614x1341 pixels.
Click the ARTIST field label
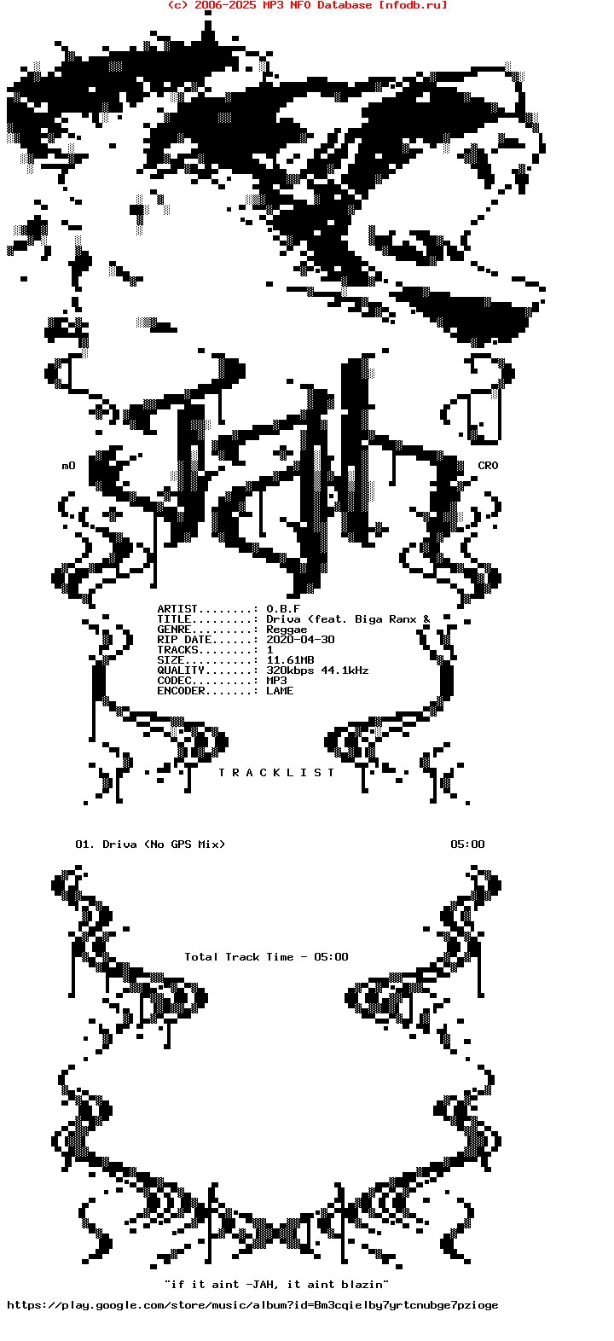pyautogui.click(x=177, y=609)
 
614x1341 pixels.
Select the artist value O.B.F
pyautogui.click(x=283, y=609)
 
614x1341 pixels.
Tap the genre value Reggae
pyautogui.click(x=287, y=630)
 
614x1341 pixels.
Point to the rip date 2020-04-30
pyautogui.click(x=300, y=640)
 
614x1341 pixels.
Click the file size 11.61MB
pyautogui.click(x=290, y=660)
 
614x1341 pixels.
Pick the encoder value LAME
pyautogui.click(x=280, y=691)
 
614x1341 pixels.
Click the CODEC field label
pyautogui.click(x=174, y=681)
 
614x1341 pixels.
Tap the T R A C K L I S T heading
pyautogui.click(x=276, y=773)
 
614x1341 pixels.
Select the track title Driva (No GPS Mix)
pyautogui.click(x=164, y=845)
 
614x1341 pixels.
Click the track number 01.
pyautogui.click(x=84, y=845)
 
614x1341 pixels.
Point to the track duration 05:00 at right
pyautogui.click(x=467, y=845)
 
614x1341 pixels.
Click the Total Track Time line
pyautogui.click(x=266, y=957)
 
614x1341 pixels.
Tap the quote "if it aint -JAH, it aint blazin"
pyautogui.click(x=276, y=1284)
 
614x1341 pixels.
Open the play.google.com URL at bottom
pyautogui.click(x=252, y=1305)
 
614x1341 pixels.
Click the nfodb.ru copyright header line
pyautogui.click(x=307, y=5)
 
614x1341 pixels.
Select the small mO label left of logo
pyautogui.click(x=68, y=466)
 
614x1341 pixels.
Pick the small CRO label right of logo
pyautogui.click(x=488, y=466)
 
